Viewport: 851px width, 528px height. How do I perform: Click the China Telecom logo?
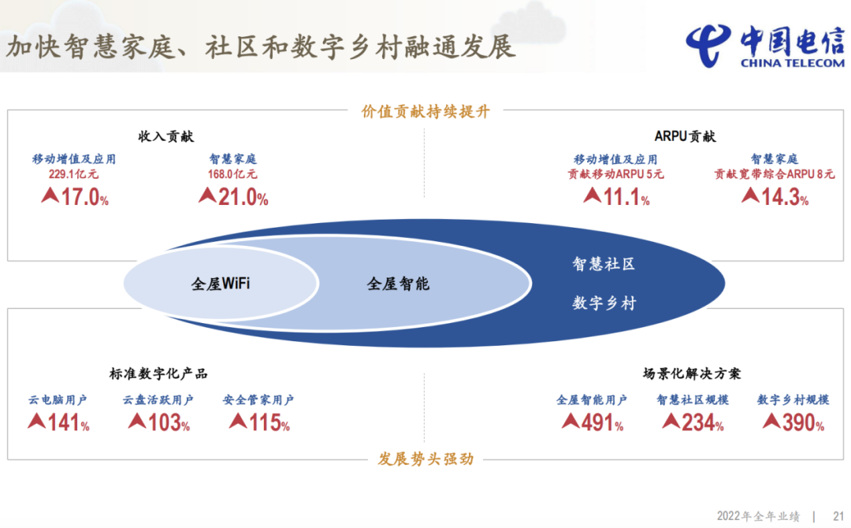[765, 46]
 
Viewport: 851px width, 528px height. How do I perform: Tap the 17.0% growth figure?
[76, 196]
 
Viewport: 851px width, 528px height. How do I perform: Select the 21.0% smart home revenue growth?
[233, 196]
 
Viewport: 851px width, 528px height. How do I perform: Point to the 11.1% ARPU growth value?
[616, 196]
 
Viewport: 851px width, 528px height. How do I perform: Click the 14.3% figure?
[775, 196]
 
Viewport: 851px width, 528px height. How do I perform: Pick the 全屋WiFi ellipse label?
[221, 283]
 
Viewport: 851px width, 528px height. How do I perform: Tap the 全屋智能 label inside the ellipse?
[398, 283]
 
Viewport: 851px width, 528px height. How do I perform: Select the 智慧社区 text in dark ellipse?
[604, 264]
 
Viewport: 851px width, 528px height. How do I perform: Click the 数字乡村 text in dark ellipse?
[604, 303]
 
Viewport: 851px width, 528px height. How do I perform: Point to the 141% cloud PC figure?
[58, 422]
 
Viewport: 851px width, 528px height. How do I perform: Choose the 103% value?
[159, 422]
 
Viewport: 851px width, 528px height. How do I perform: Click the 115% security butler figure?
[259, 422]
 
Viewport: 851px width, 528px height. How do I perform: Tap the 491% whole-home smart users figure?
[593, 422]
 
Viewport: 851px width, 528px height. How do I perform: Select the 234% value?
[693, 422]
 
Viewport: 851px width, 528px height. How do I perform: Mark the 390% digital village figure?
[793, 422]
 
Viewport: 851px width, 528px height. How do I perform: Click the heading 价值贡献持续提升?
[425, 111]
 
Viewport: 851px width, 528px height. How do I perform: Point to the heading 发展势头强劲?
[425, 459]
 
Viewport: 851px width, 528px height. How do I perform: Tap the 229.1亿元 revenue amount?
[74, 174]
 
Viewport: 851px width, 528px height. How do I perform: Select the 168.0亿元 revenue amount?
[232, 174]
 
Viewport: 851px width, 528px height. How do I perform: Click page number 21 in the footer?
[838, 516]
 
